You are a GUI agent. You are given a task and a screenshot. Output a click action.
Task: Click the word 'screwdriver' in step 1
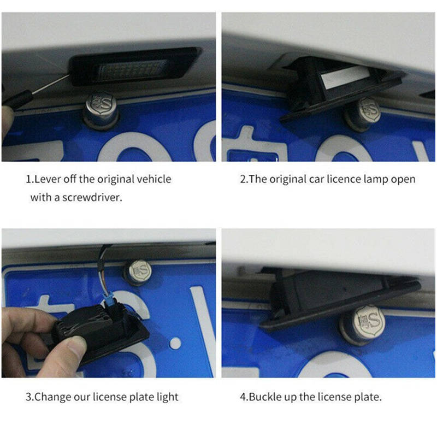click(x=91, y=197)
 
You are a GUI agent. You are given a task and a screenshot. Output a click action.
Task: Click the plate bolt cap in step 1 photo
click(x=101, y=110)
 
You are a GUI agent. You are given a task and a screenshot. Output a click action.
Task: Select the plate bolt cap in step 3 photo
click(x=138, y=272)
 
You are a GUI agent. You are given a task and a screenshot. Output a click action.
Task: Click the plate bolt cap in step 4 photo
click(x=363, y=324)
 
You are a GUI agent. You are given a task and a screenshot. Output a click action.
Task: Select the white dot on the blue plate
click(x=175, y=344)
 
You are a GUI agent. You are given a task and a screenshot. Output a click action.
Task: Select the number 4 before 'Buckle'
click(x=243, y=397)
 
